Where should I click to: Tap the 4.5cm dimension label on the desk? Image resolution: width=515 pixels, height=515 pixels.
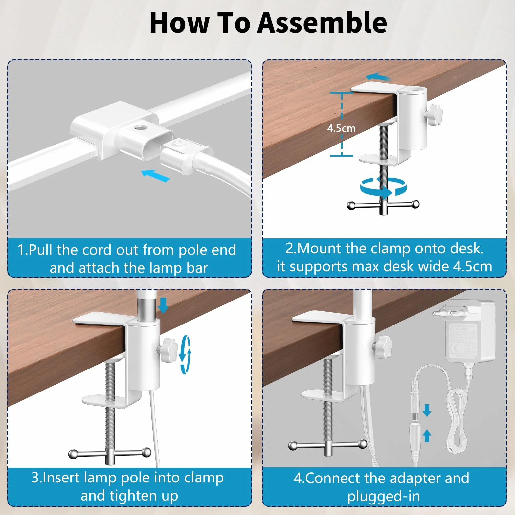click(341, 128)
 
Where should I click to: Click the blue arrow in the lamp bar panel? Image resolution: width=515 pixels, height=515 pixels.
click(155, 175)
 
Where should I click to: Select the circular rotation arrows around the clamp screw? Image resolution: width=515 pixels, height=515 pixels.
click(383, 187)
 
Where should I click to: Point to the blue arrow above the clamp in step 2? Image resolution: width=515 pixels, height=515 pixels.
click(378, 78)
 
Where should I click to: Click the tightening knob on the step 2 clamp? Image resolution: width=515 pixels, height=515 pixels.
click(433, 115)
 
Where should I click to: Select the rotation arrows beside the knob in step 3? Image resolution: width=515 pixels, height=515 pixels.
click(185, 354)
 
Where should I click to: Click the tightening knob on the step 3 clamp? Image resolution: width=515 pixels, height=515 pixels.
click(168, 350)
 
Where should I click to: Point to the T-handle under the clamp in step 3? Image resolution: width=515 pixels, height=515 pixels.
click(110, 455)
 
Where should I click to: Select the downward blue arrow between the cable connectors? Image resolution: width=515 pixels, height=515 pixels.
click(427, 410)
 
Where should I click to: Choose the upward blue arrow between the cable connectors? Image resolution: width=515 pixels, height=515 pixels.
click(427, 436)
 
